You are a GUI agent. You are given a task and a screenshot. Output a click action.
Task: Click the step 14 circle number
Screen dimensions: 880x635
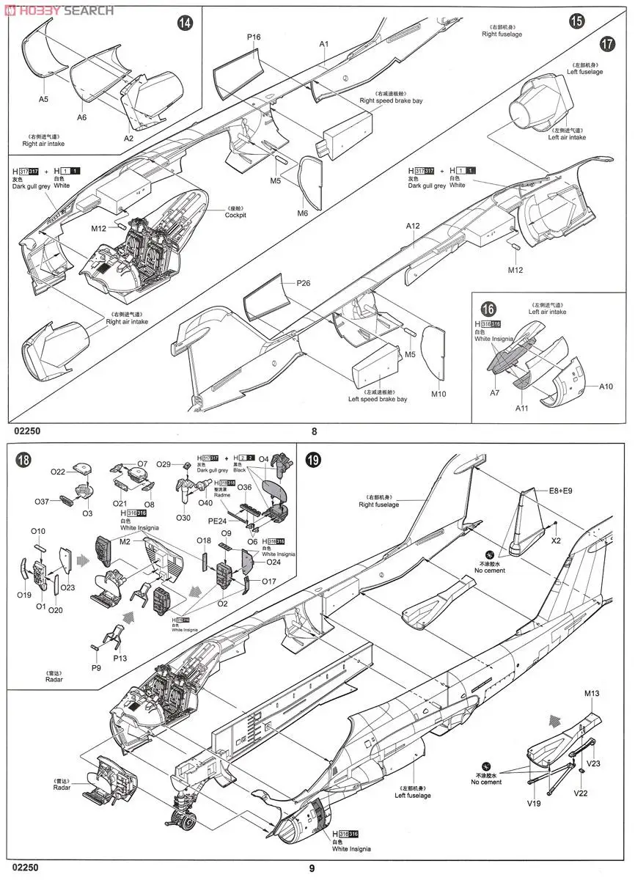[x=186, y=23]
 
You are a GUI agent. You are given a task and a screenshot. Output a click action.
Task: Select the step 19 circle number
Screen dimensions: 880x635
[x=313, y=461]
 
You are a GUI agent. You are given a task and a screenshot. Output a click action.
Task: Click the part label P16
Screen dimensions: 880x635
[x=254, y=37]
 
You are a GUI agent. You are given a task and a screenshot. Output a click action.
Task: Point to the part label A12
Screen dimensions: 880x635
[x=413, y=226]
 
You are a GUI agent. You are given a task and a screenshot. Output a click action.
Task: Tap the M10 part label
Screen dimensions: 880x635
[x=438, y=395]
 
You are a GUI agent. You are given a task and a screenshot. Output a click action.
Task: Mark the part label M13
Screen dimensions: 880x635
[x=592, y=693]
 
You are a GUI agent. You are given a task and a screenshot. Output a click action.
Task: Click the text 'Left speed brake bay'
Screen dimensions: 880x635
[x=378, y=399]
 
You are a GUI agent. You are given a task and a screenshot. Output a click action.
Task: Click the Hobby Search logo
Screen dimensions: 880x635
[x=59, y=10]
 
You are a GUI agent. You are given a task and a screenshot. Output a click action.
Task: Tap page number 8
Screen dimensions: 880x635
[x=315, y=432]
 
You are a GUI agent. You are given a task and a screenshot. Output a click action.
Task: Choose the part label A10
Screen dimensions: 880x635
[x=606, y=386]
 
